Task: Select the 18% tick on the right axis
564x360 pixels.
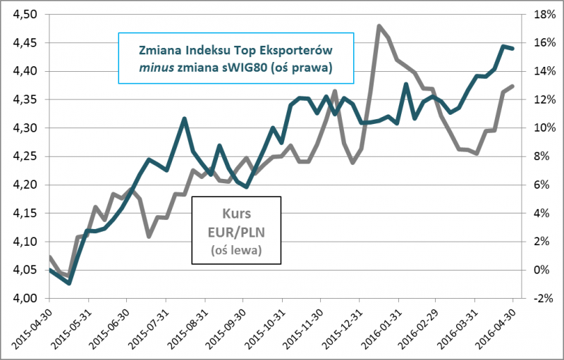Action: coord(538,14)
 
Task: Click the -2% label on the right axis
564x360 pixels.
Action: coord(538,299)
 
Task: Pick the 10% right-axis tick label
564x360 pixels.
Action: coord(538,128)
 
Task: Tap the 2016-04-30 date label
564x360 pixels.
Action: coord(501,328)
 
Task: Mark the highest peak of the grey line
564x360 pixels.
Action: coord(379,26)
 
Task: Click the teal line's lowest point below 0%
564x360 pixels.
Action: coord(69,283)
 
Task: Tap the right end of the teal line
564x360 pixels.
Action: coord(513,49)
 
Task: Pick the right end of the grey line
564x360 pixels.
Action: coord(513,86)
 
